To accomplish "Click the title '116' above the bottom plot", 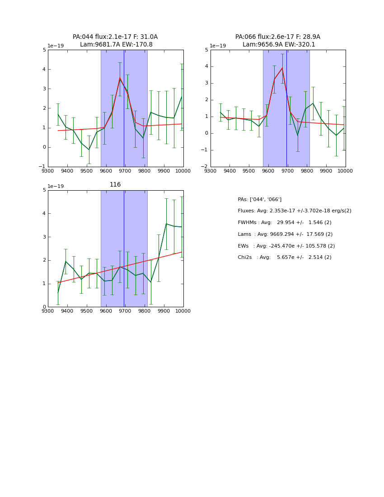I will (115, 185).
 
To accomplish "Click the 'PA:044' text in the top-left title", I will (82, 37).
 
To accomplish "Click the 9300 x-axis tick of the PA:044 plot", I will (48, 171).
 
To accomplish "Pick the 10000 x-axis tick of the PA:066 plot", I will (345, 171).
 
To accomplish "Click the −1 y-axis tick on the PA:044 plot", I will (42, 167).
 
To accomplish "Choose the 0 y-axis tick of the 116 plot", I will (44, 307).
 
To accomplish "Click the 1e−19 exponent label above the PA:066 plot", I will (218, 46).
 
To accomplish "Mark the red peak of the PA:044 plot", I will (120, 78).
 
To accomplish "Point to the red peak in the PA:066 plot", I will (282, 68).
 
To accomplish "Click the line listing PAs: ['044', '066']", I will (259, 199).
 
